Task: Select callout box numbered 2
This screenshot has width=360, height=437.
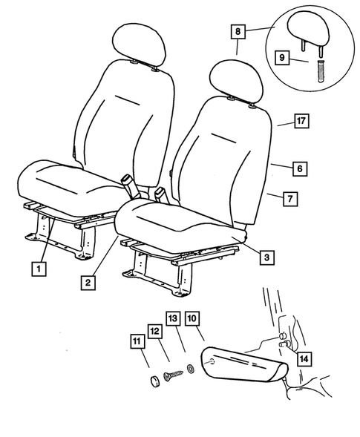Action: click(88, 282)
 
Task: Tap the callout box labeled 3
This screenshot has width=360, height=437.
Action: click(265, 257)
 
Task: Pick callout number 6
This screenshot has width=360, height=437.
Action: click(299, 169)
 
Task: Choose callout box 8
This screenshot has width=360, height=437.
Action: click(237, 32)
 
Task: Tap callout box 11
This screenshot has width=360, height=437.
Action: click(135, 342)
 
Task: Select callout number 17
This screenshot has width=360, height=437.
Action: click(301, 120)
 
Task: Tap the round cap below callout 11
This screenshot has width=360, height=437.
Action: click(153, 381)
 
